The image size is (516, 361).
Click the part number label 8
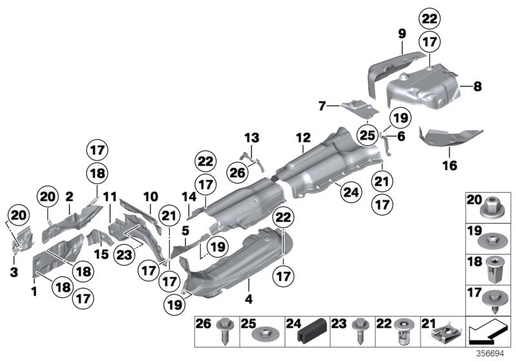[479, 85]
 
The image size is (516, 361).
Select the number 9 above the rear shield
[401, 33]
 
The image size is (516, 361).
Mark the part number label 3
[14, 273]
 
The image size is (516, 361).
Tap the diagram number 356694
[492, 353]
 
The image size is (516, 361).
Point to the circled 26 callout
[236, 171]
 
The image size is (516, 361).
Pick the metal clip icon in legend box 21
[445, 331]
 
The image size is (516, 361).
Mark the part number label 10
[150, 195]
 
